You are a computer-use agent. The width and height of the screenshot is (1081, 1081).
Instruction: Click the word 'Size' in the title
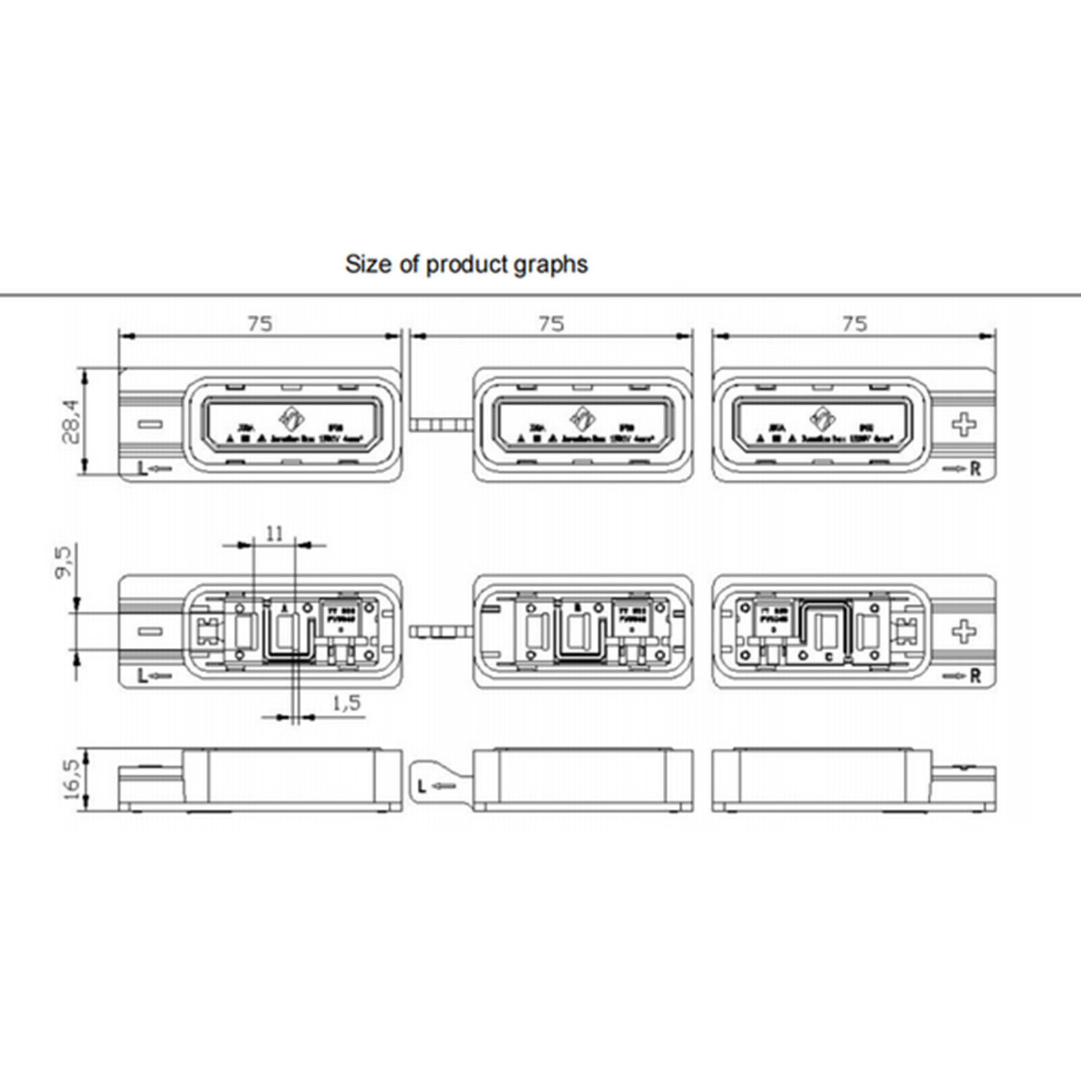(x=369, y=263)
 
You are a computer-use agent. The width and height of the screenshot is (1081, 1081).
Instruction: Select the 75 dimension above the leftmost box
(x=259, y=324)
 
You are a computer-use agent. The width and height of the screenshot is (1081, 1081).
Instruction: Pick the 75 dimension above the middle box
(x=552, y=324)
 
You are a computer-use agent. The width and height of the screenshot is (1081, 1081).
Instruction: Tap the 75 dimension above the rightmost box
(x=855, y=324)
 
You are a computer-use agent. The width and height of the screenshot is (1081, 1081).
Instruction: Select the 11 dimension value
(x=274, y=534)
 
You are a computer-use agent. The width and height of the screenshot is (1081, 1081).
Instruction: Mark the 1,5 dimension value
(x=347, y=703)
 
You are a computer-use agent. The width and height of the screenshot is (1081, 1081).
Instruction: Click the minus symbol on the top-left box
(x=150, y=424)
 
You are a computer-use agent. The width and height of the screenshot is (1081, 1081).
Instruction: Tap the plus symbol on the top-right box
(x=964, y=424)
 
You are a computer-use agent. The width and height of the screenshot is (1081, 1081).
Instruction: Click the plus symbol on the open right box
(x=964, y=632)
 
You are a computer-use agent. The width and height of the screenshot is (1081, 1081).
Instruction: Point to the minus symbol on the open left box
(x=150, y=632)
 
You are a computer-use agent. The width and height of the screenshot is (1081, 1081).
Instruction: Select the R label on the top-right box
(x=975, y=470)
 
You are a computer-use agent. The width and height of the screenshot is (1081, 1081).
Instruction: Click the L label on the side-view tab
(x=422, y=786)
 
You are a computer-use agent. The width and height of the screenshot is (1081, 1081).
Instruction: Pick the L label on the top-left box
(x=142, y=470)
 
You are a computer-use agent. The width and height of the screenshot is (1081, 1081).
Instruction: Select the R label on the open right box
(x=975, y=676)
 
